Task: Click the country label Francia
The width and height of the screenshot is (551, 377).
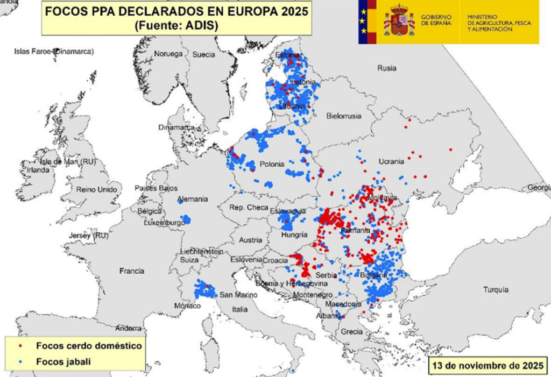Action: pyautogui.click(x=132, y=271)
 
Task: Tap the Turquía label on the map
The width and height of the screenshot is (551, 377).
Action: pyautogui.click(x=496, y=289)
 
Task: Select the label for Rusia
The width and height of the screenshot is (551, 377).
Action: pyautogui.click(x=386, y=68)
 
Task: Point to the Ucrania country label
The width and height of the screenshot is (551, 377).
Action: pyautogui.click(x=391, y=161)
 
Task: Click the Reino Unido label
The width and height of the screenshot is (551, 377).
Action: pyautogui.click(x=97, y=189)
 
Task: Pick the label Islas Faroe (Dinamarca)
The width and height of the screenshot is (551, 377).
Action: pyautogui.click(x=54, y=52)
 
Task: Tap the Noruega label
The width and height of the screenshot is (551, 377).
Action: pyautogui.click(x=168, y=54)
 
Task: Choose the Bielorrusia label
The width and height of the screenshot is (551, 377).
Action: pyautogui.click(x=344, y=116)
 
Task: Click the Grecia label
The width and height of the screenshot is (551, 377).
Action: pyautogui.click(x=352, y=332)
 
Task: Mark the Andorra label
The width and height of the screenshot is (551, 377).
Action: pyautogui.click(x=129, y=328)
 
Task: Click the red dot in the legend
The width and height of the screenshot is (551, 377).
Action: pyautogui.click(x=20, y=346)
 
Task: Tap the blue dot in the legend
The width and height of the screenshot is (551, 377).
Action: pyautogui.click(x=20, y=362)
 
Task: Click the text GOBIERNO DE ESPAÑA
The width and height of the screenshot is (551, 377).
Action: pyautogui.click(x=436, y=20)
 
